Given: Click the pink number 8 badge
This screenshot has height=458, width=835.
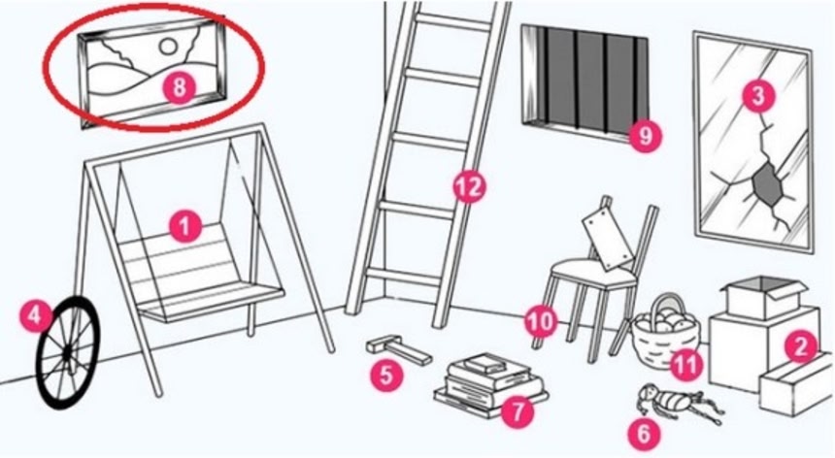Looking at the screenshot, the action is click(180, 86).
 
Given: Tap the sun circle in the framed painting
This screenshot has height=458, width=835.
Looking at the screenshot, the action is click(168, 48).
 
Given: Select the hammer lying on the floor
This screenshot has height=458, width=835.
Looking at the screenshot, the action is click(398, 351).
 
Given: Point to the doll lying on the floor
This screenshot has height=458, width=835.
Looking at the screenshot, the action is click(678, 402).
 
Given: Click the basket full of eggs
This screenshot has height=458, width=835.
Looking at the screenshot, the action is click(665, 333).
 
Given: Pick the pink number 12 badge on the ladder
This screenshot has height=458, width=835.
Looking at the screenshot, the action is click(469, 187).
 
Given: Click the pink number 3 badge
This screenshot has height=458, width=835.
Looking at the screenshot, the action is click(757, 96).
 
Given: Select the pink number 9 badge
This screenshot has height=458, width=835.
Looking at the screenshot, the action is click(645, 136).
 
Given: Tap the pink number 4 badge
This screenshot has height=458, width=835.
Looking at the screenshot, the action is click(35, 316).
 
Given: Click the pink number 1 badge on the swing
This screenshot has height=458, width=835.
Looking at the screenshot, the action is click(184, 227).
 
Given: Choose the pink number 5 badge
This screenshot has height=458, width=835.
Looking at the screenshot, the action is click(386, 375).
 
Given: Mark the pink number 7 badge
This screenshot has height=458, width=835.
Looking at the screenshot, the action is click(518, 411).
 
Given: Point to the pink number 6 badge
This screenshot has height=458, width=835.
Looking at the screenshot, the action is click(644, 434).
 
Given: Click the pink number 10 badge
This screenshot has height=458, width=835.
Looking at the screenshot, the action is click(541, 321).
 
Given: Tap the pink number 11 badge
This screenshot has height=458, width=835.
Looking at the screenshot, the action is click(685, 365).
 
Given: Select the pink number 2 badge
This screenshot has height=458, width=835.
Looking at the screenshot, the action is click(801, 346).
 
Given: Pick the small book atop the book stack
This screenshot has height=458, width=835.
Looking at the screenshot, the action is click(484, 363).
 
